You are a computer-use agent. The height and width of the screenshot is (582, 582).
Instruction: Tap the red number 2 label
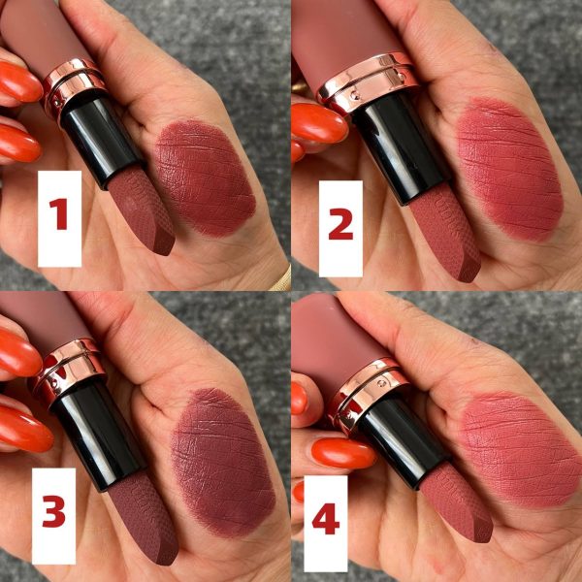[x=340, y=224]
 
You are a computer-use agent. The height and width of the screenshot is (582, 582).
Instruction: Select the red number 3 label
[x=54, y=511]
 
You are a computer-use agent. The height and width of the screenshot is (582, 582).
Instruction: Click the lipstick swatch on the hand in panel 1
[x=205, y=178]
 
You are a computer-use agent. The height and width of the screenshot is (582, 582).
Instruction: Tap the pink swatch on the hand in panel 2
[x=509, y=169]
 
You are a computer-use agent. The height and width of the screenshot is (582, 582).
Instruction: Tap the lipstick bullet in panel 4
[x=457, y=501]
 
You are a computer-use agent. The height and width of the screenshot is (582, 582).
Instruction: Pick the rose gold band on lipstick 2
[x=368, y=82]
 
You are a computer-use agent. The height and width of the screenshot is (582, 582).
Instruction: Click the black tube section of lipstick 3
[x=97, y=435]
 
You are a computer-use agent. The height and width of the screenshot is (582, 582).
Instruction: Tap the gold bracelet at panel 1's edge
[x=280, y=277]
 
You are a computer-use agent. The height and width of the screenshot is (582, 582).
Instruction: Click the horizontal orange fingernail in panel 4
[x=343, y=454]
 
